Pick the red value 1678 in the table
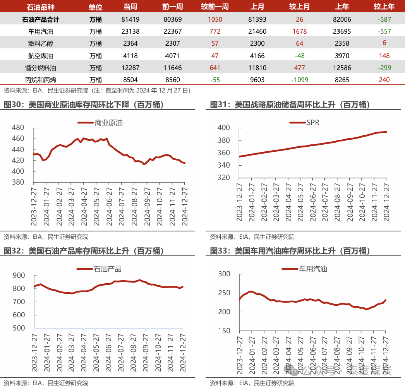pos(299,31)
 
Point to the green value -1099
pos(299,80)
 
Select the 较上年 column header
pos(384,7)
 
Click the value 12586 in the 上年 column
pos(342,68)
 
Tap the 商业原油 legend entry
pos(100,123)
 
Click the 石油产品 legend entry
pos(99,269)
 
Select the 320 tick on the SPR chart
pos(224,178)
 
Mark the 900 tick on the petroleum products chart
pos(19,276)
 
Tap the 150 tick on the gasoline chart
pos(224,331)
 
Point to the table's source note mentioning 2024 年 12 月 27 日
pos(97,91)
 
